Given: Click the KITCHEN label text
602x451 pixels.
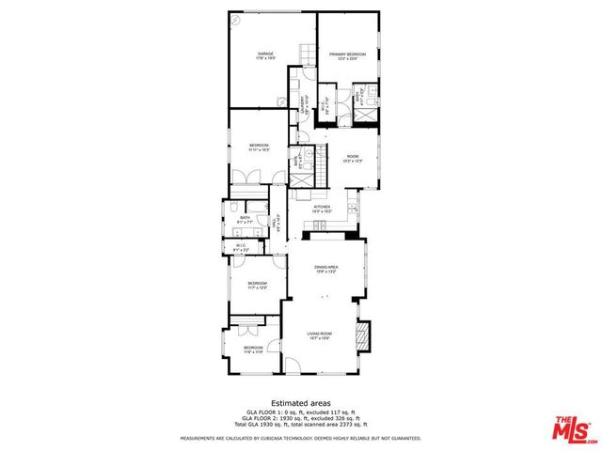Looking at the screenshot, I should click(322, 209).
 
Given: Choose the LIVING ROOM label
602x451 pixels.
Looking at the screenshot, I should click(320, 334).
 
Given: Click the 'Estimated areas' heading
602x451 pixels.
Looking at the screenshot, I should click(300, 402).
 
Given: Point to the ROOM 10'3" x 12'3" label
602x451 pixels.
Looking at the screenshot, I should click(353, 158).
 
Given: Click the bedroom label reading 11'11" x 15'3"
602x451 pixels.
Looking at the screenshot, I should click(259, 147).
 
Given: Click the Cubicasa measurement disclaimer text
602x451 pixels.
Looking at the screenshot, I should click(300, 438).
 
